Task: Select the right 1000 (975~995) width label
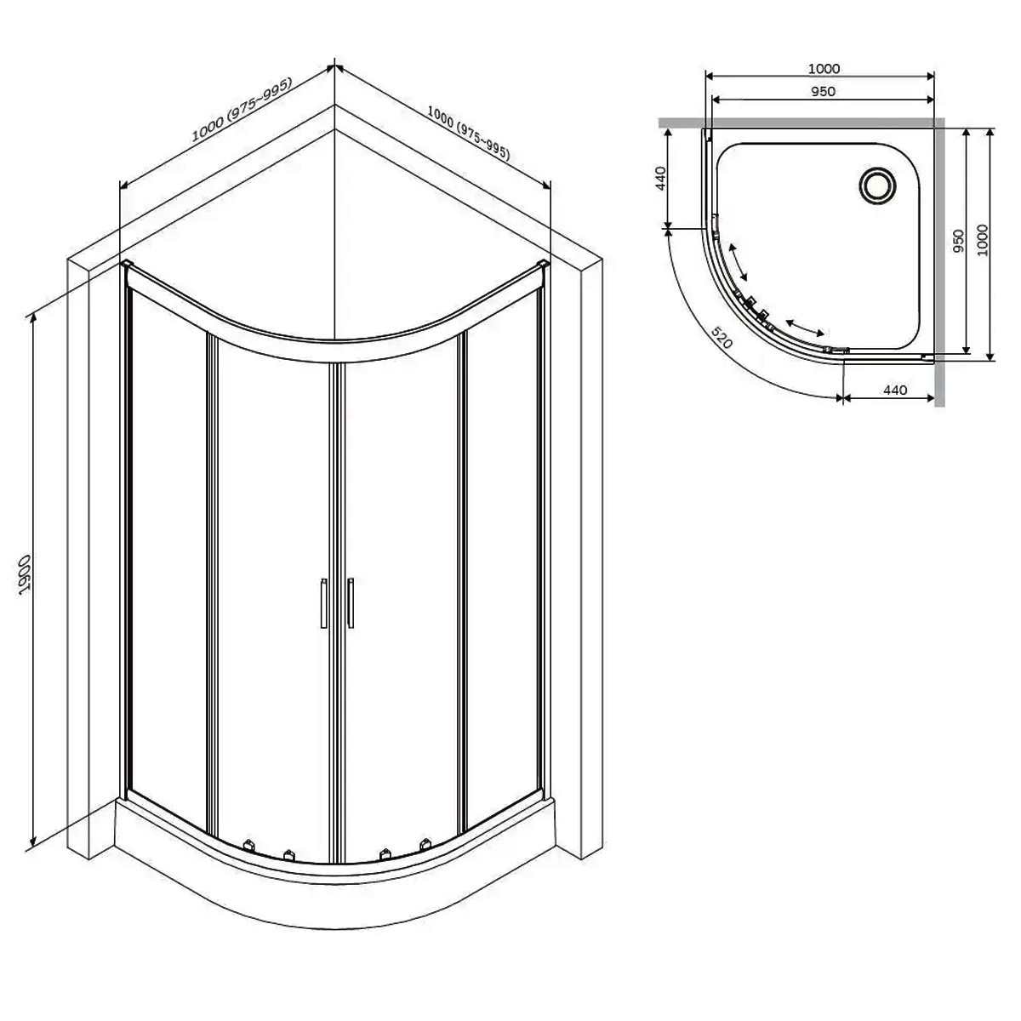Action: coord(468,129)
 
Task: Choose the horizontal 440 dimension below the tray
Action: coord(894,391)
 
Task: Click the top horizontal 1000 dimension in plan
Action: coord(823,69)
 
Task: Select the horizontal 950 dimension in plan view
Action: coord(823,91)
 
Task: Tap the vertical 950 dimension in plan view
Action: coord(959,242)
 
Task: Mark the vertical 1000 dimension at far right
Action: coord(984,241)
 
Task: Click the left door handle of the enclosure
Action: coord(323,603)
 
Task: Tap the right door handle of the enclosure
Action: coord(350,603)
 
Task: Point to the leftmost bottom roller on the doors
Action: coord(249,846)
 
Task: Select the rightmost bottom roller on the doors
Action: coord(425,846)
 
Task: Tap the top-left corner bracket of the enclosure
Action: coord(127,266)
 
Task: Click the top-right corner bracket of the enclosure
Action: coord(541,267)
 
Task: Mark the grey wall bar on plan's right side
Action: coord(940,264)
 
